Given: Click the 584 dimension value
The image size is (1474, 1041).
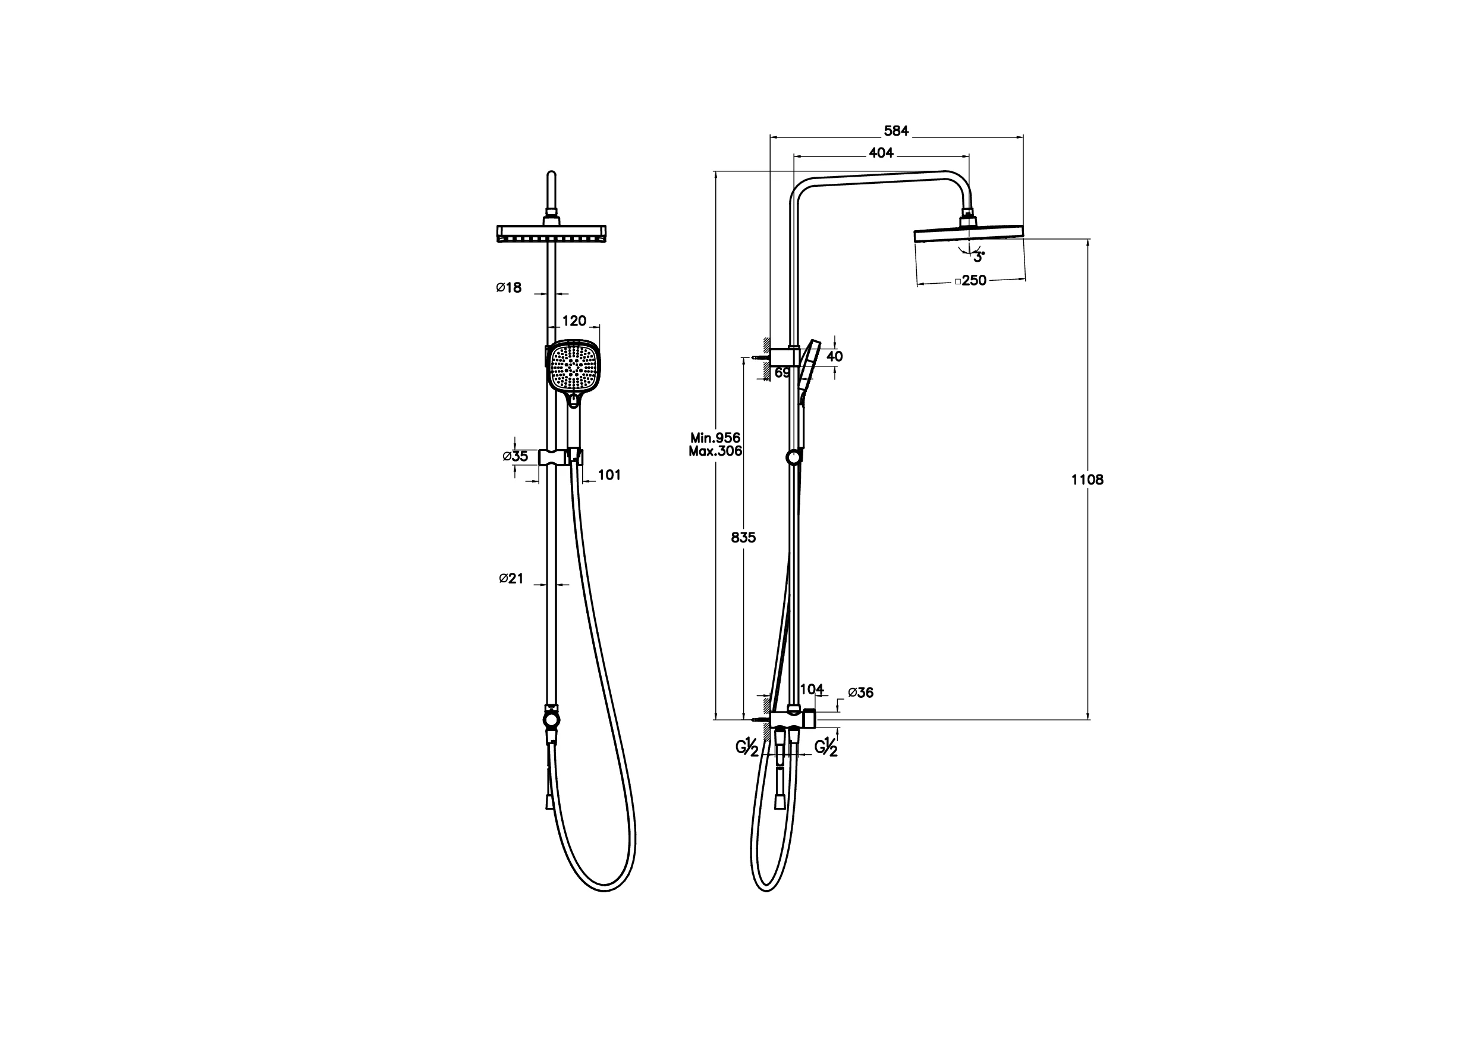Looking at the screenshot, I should [x=896, y=131].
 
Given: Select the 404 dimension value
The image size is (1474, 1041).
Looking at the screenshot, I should [x=881, y=153].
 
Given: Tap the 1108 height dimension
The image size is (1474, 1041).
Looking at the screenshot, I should [x=1087, y=479].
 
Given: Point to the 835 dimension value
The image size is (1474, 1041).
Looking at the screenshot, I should [x=743, y=538].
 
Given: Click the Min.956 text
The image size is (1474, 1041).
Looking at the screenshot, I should [x=715, y=438].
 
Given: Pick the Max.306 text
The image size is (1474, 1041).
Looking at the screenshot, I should [x=715, y=451].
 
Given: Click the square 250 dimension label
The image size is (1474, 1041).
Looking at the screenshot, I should [x=971, y=281].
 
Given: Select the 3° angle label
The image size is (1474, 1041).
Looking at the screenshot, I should [x=978, y=258].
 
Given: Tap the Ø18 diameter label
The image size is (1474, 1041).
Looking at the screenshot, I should [x=508, y=288].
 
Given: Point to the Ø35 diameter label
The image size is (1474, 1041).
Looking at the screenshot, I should [x=515, y=457].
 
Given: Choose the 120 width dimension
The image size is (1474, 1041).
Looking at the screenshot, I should [x=574, y=321].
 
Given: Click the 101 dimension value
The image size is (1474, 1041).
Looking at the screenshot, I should [x=609, y=475].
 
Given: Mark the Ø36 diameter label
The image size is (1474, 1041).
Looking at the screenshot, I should [x=860, y=692].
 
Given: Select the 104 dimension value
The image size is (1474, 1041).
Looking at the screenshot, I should [x=812, y=689].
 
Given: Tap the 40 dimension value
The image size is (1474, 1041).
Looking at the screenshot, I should [x=835, y=356].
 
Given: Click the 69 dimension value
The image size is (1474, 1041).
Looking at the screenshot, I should [x=782, y=372].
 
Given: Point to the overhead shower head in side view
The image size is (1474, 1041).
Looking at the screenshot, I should [x=968, y=234].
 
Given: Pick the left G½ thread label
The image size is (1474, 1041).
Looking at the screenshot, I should [x=747, y=748].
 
